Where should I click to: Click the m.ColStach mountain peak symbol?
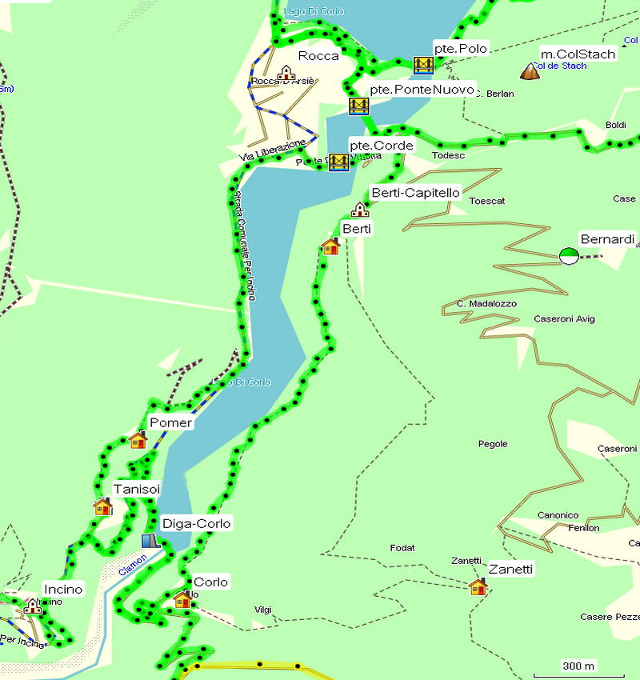530,72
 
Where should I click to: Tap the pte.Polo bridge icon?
423,66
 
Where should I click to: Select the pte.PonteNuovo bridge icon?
358,106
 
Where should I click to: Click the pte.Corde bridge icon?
338,162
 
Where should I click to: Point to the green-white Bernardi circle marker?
569,256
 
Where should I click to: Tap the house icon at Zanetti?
478,587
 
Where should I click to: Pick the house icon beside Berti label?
330,246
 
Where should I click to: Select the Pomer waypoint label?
170,422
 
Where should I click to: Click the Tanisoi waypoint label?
137,489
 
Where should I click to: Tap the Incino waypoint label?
63,590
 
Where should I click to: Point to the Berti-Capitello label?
415,193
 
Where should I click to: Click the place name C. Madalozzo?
486,304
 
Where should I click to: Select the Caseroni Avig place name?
564,319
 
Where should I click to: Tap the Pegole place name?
493,444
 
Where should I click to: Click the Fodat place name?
402,548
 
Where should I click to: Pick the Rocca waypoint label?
318,56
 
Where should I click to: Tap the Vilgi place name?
262,610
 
